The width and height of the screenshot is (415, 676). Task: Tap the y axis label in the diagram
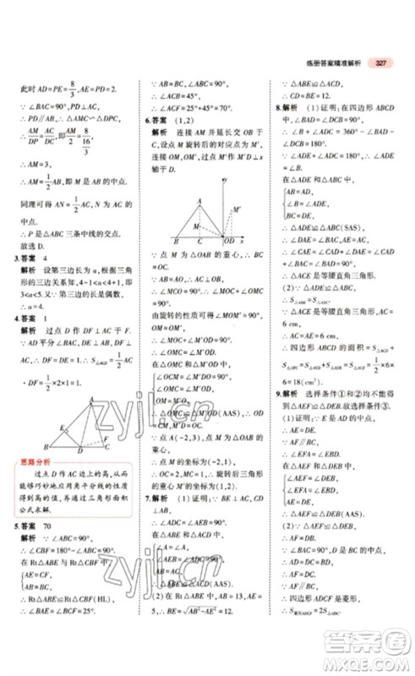(x=227, y=181)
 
